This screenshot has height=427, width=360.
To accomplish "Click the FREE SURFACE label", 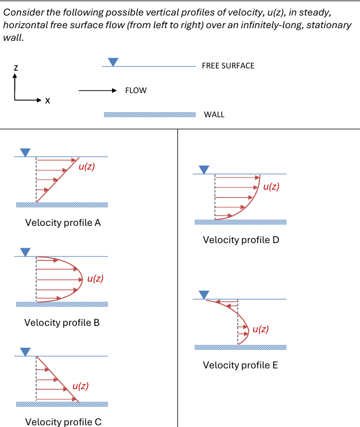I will pyautogui.click(x=228, y=66).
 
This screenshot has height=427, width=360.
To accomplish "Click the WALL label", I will pyautogui.click(x=214, y=114).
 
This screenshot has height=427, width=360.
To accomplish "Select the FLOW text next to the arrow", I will pyautogui.click(x=136, y=90).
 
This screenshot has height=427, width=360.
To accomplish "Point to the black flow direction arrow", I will pyautogui.click(x=98, y=90).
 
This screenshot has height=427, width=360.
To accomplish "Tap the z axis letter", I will pyautogui.click(x=16, y=68).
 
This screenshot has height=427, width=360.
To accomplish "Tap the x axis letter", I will pyautogui.click(x=48, y=101).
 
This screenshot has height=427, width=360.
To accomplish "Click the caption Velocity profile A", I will pyautogui.click(x=63, y=223).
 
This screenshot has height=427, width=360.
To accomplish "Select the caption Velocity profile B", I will pyautogui.click(x=62, y=322).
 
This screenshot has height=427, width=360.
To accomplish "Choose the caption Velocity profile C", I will pyautogui.click(x=63, y=422).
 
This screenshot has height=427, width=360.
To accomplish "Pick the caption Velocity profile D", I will pyautogui.click(x=241, y=240).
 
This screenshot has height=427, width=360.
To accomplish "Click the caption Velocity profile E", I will pyautogui.click(x=241, y=365).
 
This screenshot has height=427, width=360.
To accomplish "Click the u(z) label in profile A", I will pyautogui.click(x=87, y=167).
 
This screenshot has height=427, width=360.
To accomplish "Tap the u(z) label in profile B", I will pyautogui.click(x=95, y=279).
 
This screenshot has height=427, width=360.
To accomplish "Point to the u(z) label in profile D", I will pyautogui.click(x=271, y=187).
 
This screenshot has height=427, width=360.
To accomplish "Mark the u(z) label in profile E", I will pyautogui.click(x=261, y=329).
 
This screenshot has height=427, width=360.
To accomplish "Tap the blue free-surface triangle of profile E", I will pyautogui.click(x=203, y=294).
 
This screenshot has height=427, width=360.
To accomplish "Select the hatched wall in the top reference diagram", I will pyautogui.click(x=149, y=114).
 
